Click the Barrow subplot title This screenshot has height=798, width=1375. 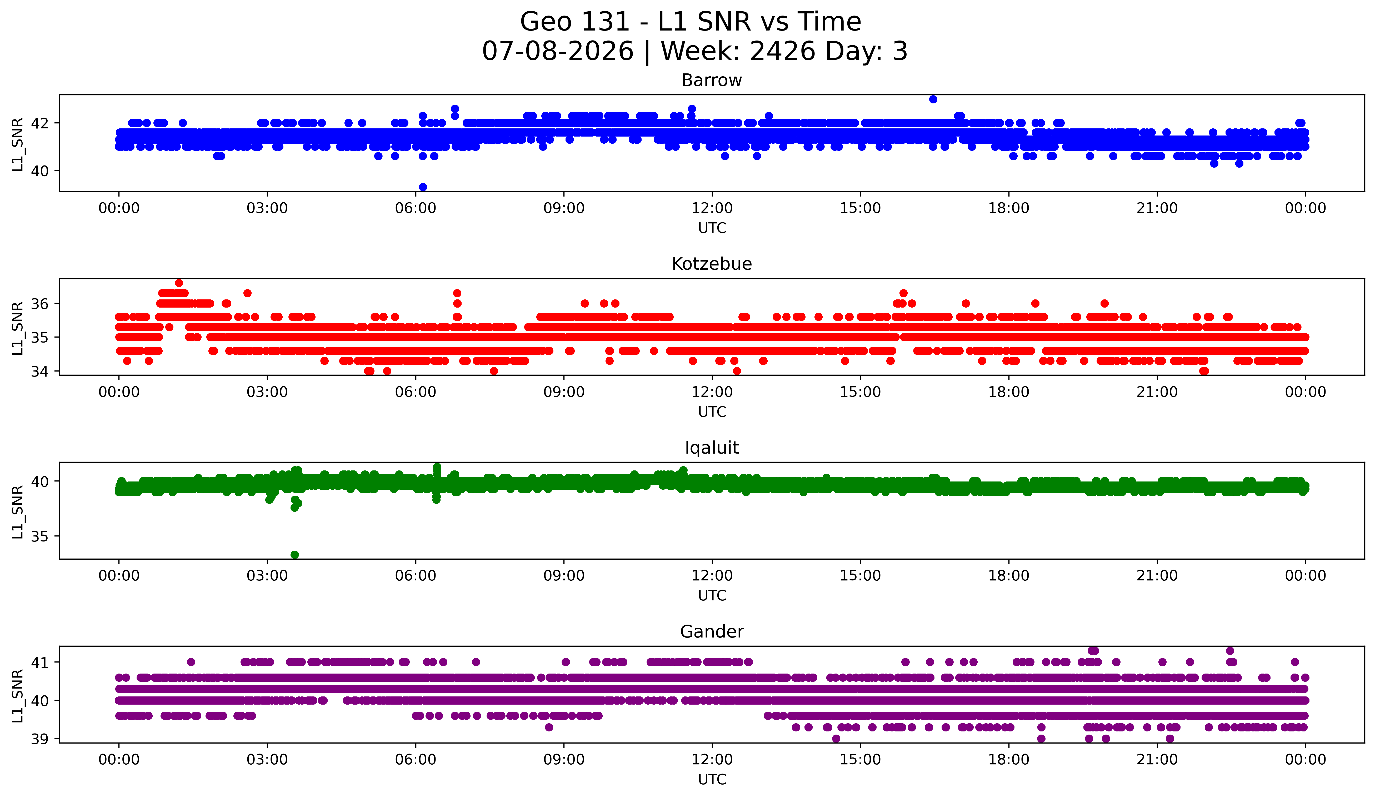[712, 80]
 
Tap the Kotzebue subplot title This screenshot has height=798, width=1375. [712, 264]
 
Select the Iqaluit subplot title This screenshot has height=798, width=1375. [712, 448]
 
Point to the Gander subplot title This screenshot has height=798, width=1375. [712, 632]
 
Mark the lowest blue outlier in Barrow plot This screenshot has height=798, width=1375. [423, 187]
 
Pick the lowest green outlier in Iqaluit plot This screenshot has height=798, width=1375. [295, 555]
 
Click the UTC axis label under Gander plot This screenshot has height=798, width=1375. [712, 780]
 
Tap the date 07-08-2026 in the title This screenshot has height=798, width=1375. [558, 51]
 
